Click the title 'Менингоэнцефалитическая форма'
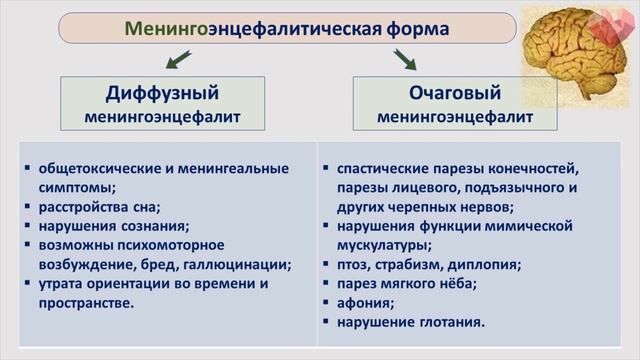tap(287, 28)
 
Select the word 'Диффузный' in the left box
tap(162, 94)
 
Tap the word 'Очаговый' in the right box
tap(454, 93)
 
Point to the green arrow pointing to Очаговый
tap(405, 60)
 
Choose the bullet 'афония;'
tap(366, 303)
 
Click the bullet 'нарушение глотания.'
tap(411, 322)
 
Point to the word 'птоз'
tap(356, 265)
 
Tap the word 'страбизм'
tap(415, 265)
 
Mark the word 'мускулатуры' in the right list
tap(382, 245)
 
